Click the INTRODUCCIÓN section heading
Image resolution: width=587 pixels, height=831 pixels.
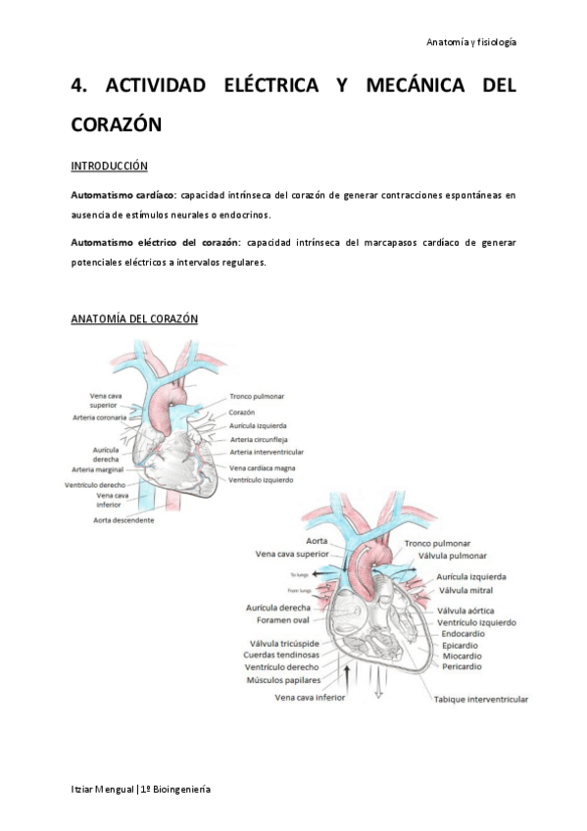[x=110, y=166]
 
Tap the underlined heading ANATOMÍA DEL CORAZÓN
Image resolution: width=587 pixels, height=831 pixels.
[x=134, y=319]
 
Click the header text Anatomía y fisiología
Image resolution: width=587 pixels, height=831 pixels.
[x=471, y=42]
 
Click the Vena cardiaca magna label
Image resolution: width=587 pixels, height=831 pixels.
[x=269, y=468]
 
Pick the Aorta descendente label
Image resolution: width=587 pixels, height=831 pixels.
[x=123, y=519]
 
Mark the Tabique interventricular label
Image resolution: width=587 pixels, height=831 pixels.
[x=481, y=700]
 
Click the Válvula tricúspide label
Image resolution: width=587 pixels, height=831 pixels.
[x=285, y=643]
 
